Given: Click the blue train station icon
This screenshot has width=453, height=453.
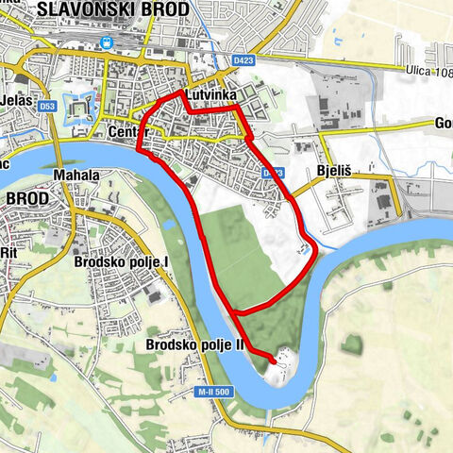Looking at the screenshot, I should [x=108, y=42].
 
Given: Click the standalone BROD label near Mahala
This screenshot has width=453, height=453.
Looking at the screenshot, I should [x=26, y=199].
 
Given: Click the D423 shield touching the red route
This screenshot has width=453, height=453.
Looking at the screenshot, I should [x=273, y=173].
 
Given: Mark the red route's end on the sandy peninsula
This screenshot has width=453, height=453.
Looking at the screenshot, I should [x=275, y=361].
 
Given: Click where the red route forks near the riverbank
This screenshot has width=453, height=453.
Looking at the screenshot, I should [x=232, y=310].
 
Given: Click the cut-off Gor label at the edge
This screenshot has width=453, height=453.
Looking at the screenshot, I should [x=442, y=124].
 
